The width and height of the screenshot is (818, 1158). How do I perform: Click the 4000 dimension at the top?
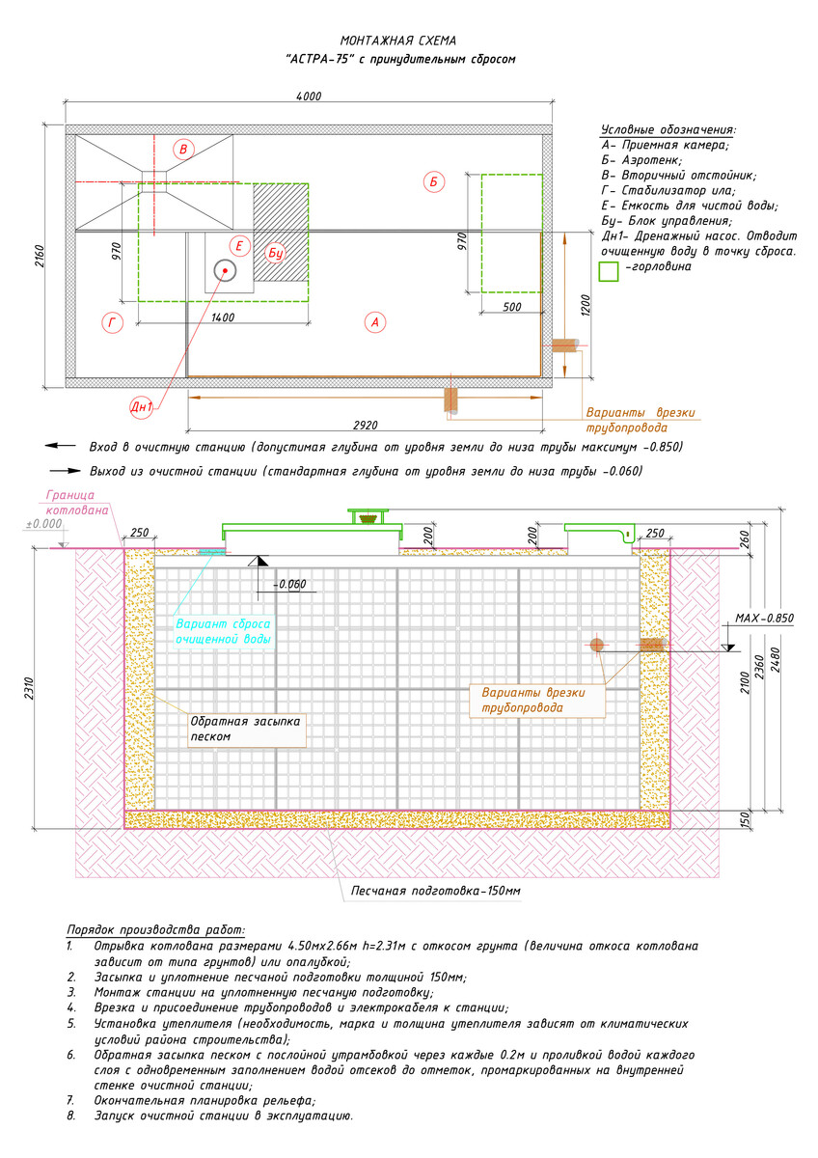pos(309,96)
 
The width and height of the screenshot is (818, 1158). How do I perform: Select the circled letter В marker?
pos(183,150)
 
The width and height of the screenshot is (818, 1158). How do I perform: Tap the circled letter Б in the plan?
pos(433,182)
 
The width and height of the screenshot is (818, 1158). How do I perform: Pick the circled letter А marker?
pos(375,322)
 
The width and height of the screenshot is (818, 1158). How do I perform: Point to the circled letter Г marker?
pos(112,323)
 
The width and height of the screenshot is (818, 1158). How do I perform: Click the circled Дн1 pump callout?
pos(141,407)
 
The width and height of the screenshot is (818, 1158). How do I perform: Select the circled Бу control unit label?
pos(276,253)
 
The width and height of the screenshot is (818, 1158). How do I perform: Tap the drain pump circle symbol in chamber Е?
pos(225,270)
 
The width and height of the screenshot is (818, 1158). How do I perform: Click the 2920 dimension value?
pos(366,425)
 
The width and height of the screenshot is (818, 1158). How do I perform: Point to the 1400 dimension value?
pos(223,317)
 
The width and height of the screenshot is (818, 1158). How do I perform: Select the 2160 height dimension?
pos(41,256)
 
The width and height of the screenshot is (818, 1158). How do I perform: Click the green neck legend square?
pos(609,271)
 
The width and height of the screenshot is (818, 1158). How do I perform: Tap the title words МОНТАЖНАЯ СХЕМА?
pos(397,41)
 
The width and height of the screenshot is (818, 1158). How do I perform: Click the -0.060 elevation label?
pos(289,584)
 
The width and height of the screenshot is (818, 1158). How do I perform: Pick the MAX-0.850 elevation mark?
pos(764,618)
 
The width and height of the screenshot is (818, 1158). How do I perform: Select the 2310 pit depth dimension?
pos(30,688)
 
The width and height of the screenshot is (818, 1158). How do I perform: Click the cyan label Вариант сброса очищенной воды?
pos(223,631)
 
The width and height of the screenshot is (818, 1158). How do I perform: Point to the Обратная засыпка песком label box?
pos(247,729)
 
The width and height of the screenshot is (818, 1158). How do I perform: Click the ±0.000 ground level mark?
pos(44,524)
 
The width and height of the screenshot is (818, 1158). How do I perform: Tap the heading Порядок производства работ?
pos(156,930)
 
